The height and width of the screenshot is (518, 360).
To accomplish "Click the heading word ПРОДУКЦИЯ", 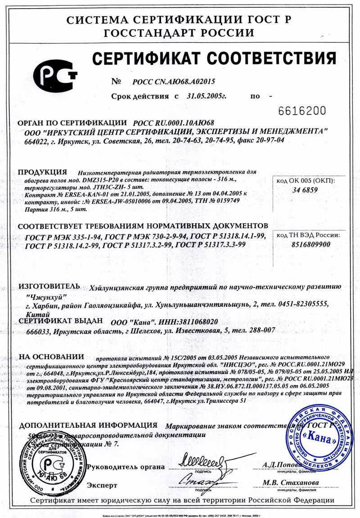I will pos(42,172).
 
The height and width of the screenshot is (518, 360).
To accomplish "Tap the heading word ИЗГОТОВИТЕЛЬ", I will pos(49,286).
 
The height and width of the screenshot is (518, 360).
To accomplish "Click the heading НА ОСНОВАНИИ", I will pos(51,357).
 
